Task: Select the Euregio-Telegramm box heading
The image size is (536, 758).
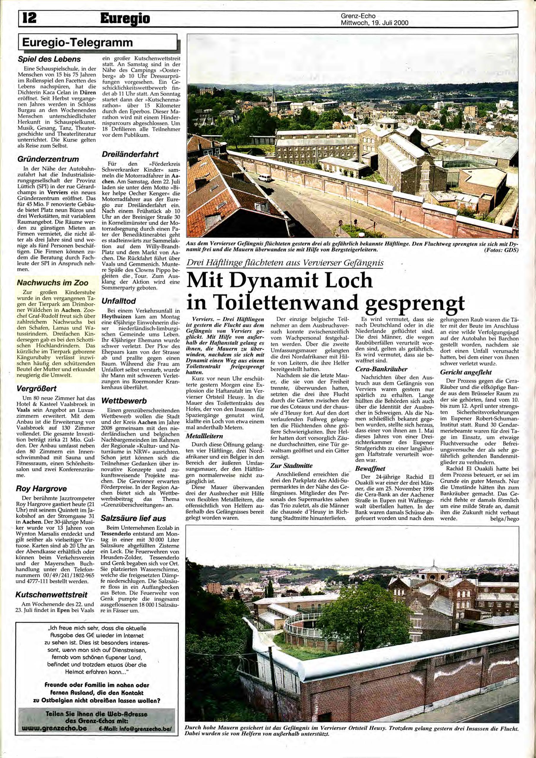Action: coord(77,42)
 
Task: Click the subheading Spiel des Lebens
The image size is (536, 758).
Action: coord(49,59)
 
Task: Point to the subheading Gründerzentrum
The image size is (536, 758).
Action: coord(48,159)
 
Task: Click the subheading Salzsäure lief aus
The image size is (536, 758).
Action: coord(134,518)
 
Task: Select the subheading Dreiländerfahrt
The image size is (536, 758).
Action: coord(130,154)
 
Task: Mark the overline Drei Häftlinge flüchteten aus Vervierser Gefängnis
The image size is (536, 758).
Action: coord(285,263)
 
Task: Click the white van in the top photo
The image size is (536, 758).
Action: coord(264,178)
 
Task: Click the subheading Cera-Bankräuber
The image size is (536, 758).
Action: coord(381,369)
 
